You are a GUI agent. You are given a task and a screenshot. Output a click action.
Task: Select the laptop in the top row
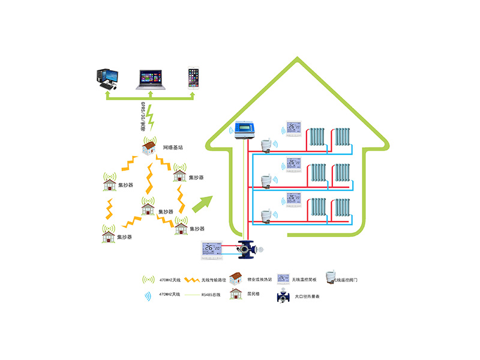pos(151,79)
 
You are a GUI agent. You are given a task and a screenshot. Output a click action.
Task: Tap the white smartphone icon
pos(193,78)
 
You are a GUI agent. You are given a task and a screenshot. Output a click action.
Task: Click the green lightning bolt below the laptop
pos(151,118)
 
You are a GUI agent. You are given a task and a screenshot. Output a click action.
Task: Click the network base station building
pos(149,147)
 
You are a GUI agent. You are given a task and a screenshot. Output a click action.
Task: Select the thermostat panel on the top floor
pos(293,130)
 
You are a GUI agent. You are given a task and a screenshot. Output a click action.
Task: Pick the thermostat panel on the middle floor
pos(293,164)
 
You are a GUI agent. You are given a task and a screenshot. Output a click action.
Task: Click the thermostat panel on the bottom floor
pos(293,199)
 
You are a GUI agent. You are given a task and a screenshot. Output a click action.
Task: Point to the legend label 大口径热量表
pos(307,296)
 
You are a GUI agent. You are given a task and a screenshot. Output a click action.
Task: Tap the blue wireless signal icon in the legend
pos(147,295)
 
